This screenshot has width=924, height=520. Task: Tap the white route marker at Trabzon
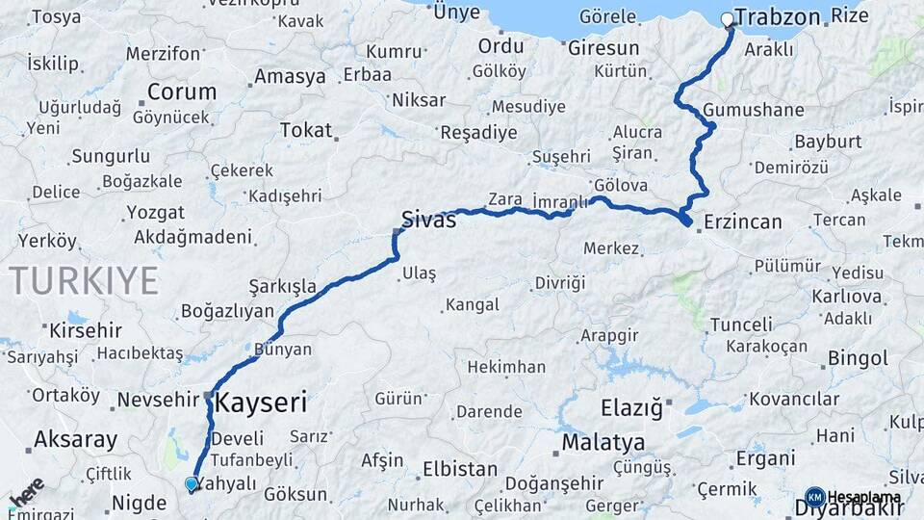728,19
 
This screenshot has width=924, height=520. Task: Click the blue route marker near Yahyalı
192,484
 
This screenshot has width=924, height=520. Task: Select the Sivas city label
429,219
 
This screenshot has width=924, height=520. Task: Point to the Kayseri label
260,402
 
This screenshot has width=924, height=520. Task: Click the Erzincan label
742,221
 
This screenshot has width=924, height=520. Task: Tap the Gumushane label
753,110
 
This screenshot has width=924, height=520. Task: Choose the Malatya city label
603,443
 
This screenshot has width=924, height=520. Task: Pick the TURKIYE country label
84,280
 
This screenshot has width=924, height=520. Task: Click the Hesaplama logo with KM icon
853,497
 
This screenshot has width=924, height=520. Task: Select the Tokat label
305,130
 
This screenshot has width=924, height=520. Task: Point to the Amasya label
290,77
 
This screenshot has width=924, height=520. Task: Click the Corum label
181,92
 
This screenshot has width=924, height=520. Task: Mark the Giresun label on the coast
603,47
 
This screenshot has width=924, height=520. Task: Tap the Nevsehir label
158,400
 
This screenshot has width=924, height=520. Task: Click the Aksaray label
75,440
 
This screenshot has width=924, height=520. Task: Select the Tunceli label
741,325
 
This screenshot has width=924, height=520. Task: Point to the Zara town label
504,199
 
